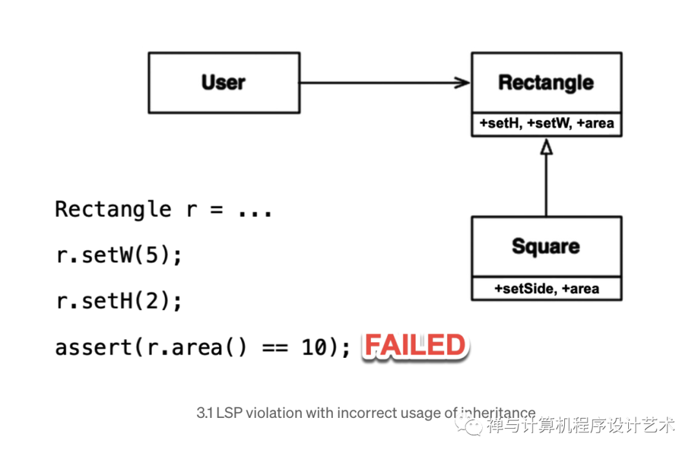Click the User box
(x=224, y=83)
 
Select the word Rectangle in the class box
(x=546, y=83)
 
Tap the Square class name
(x=546, y=246)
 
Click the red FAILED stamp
(x=416, y=346)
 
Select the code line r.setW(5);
(x=120, y=255)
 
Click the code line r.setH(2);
(x=120, y=302)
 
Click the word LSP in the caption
(x=227, y=413)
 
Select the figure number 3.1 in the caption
(x=205, y=413)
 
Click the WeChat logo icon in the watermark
(x=471, y=426)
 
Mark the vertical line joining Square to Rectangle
(x=546, y=187)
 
